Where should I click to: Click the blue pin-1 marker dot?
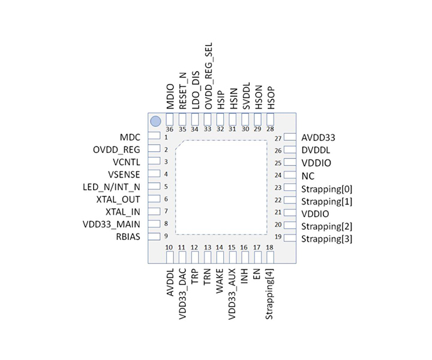coord(155,121)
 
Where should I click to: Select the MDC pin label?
coord(130,137)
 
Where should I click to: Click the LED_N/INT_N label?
coord(111,187)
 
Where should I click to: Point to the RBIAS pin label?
coord(127,237)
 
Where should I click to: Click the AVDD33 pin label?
coord(319,137)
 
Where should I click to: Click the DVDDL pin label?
coord(316,150)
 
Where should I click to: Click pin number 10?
coord(169,248)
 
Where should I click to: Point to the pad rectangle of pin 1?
coord(154,136)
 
